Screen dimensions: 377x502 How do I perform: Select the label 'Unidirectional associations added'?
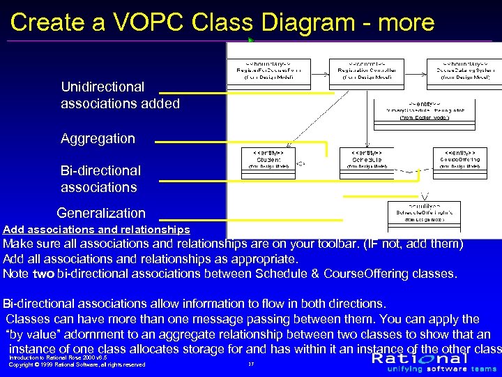pos(120,96)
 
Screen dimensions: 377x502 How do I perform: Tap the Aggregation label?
pos(98,138)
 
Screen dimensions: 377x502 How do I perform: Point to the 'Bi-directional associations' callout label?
pos(100,179)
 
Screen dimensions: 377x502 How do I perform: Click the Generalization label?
pos(101,213)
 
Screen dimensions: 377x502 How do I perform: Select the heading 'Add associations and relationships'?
pos(96,229)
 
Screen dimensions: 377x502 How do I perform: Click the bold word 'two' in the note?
pos(43,274)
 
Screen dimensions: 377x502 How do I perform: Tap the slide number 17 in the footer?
pos(250,364)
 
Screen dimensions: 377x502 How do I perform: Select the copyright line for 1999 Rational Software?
pos(77,364)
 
